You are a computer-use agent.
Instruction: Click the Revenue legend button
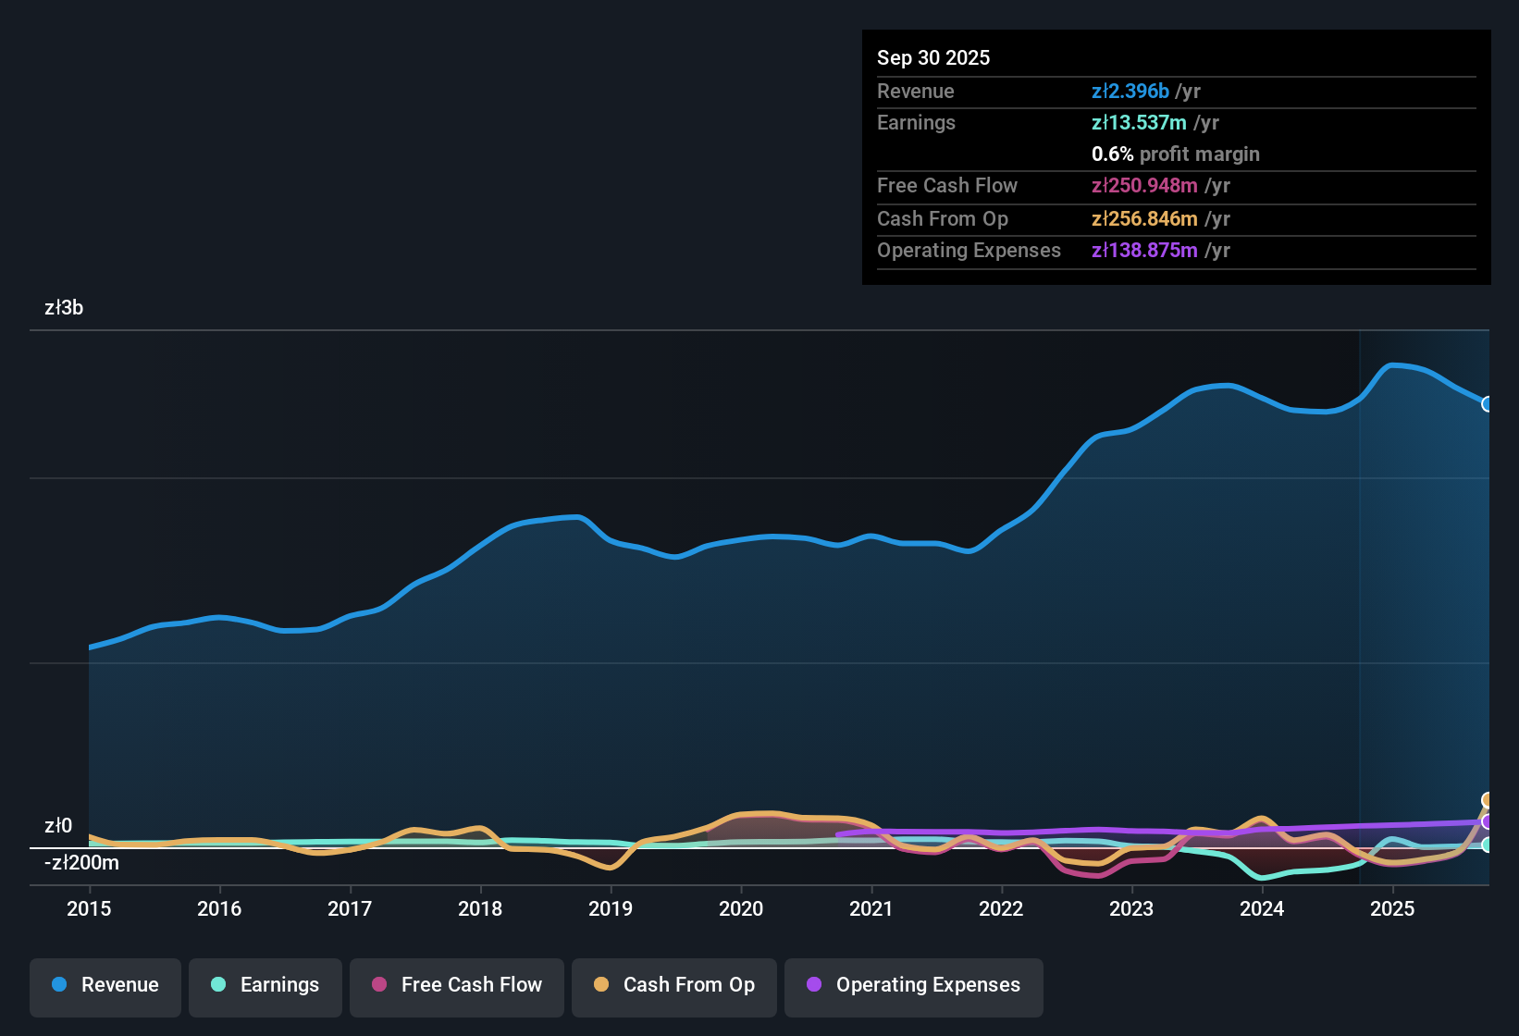(105, 985)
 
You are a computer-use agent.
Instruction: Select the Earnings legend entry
(266, 985)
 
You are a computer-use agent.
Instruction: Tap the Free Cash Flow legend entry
(457, 985)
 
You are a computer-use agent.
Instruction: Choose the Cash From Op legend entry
(674, 985)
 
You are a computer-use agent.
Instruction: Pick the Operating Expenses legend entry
(914, 985)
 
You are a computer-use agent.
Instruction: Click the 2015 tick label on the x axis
(89, 909)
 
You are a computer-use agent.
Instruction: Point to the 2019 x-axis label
(611, 909)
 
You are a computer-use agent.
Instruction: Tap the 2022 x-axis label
(1001, 909)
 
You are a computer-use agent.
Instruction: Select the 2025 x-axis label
(1392, 909)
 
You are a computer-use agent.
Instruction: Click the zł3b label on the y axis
(64, 308)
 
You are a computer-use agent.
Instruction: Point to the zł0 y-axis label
(58, 826)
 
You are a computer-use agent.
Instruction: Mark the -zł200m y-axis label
(81, 863)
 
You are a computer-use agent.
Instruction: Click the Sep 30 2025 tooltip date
(933, 58)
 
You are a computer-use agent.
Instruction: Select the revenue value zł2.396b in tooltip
(1130, 92)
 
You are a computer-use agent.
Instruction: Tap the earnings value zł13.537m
(1139, 123)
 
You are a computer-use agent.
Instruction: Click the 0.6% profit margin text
(1176, 154)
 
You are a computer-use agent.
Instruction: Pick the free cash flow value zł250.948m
(1144, 186)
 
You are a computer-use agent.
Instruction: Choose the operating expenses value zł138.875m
(1144, 251)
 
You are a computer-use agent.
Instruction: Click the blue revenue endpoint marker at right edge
(1488, 404)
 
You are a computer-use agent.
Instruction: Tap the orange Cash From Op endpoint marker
(1488, 800)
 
